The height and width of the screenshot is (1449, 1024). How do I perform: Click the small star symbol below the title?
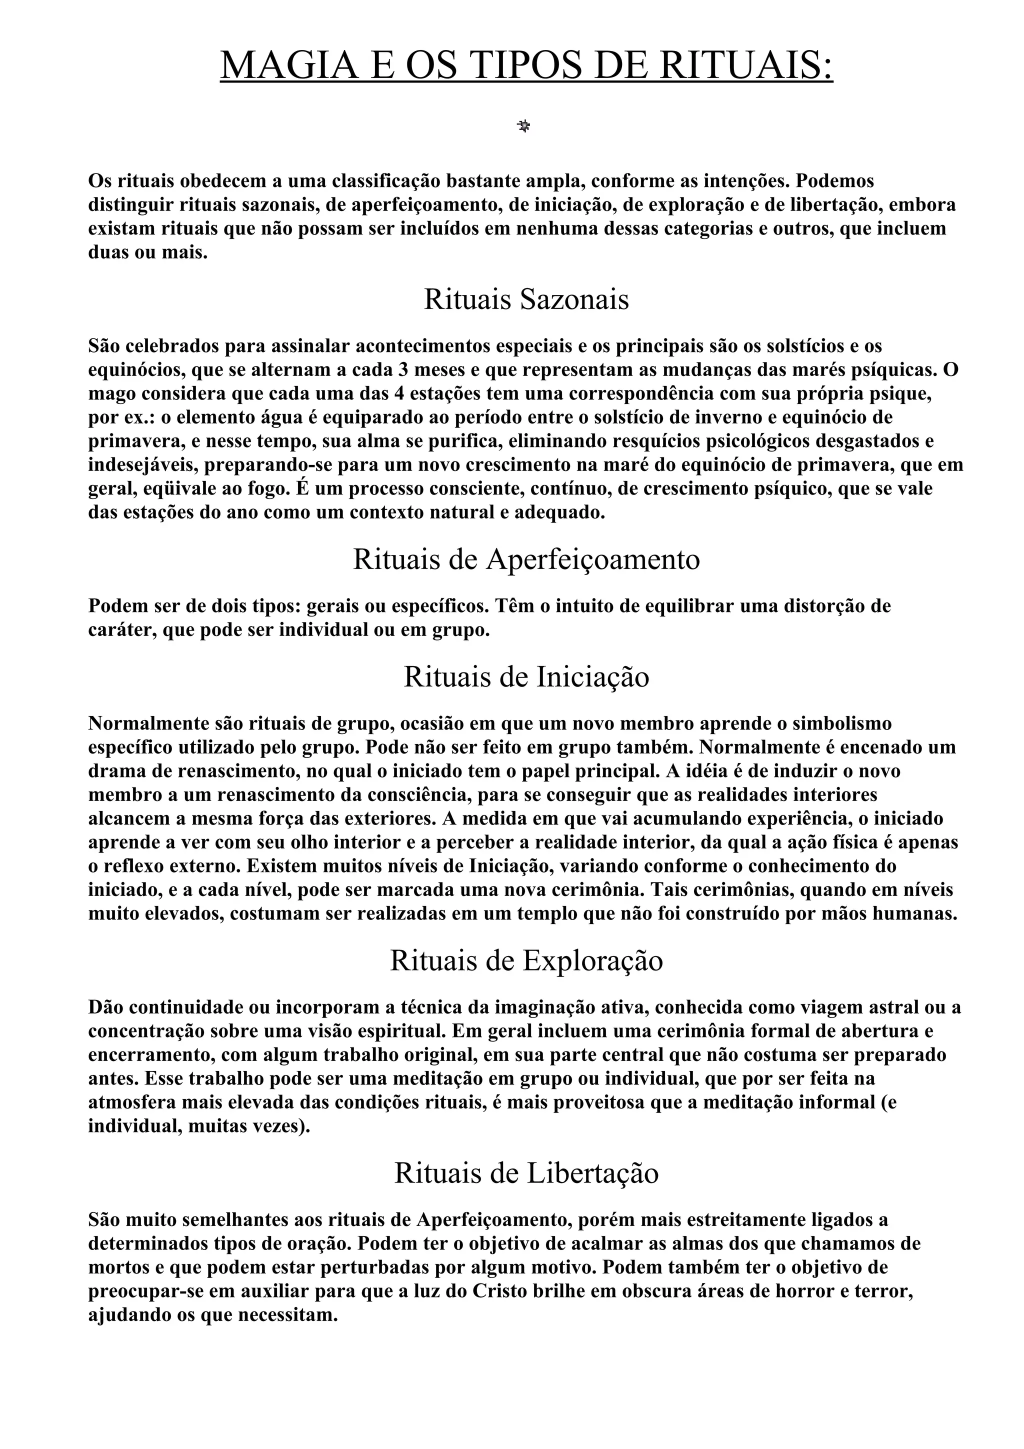(x=523, y=127)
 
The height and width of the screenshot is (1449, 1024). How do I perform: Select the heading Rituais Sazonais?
(x=526, y=299)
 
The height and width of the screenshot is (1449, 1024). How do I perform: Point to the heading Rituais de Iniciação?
(x=526, y=677)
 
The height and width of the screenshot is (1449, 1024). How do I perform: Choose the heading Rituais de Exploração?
(x=526, y=960)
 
